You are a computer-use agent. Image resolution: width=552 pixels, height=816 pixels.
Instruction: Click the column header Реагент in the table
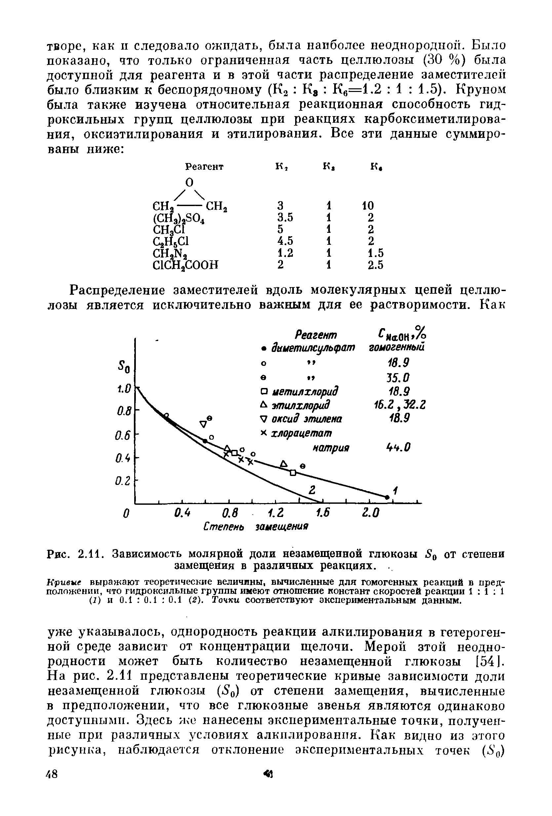click(x=204, y=166)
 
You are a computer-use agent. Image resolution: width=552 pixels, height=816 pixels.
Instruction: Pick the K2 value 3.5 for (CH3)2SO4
click(x=285, y=217)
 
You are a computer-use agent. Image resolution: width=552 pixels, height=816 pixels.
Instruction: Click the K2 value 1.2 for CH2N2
click(x=285, y=252)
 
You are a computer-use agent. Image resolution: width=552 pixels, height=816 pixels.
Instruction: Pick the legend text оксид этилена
click(x=307, y=419)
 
